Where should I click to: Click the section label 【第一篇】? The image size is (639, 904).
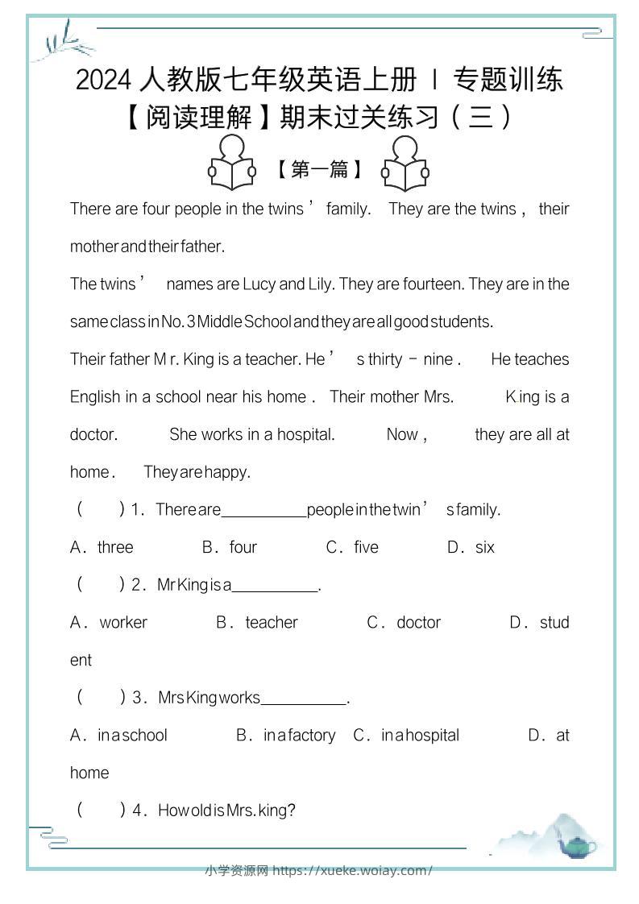click(x=318, y=169)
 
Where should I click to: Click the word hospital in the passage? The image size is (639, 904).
click(x=305, y=434)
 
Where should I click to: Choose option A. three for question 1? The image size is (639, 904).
click(x=102, y=547)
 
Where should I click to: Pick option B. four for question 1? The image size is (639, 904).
click(x=230, y=547)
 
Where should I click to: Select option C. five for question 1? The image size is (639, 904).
click(x=352, y=547)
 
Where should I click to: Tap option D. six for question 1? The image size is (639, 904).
click(x=471, y=547)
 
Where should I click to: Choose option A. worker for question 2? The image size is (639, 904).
click(x=110, y=622)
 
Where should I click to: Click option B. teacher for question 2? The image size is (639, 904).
click(x=257, y=622)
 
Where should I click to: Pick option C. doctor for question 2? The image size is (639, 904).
click(x=405, y=622)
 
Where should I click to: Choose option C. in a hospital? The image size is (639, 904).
click(x=406, y=735)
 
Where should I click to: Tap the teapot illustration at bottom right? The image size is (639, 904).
click(x=578, y=845)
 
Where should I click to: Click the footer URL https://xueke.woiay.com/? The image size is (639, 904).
click(x=353, y=870)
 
